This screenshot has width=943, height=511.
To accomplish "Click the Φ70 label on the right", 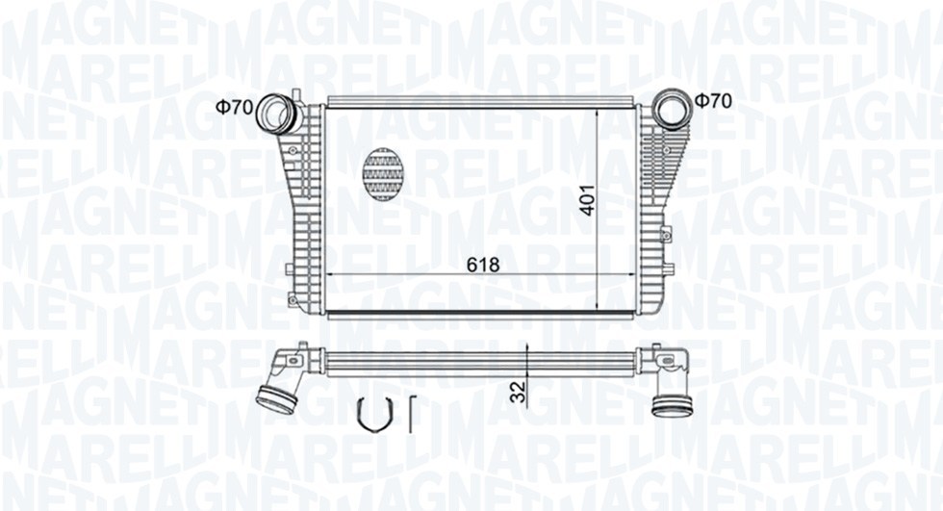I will pyautogui.click(x=714, y=100).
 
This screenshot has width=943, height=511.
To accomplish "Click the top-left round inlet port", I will pyautogui.click(x=280, y=114).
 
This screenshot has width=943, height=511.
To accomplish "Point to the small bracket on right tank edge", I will pyautogui.click(x=665, y=232).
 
